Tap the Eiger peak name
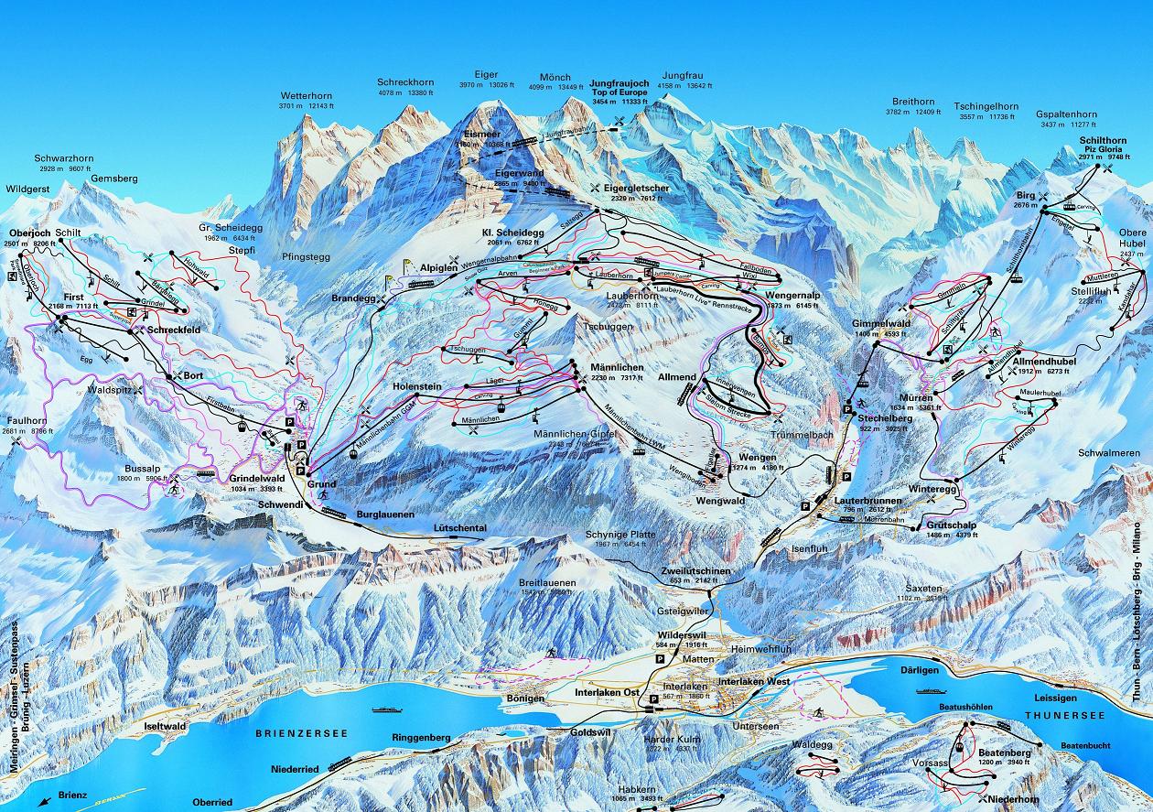coord(486,76)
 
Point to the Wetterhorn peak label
coord(304,95)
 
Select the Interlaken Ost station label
coord(606,693)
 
